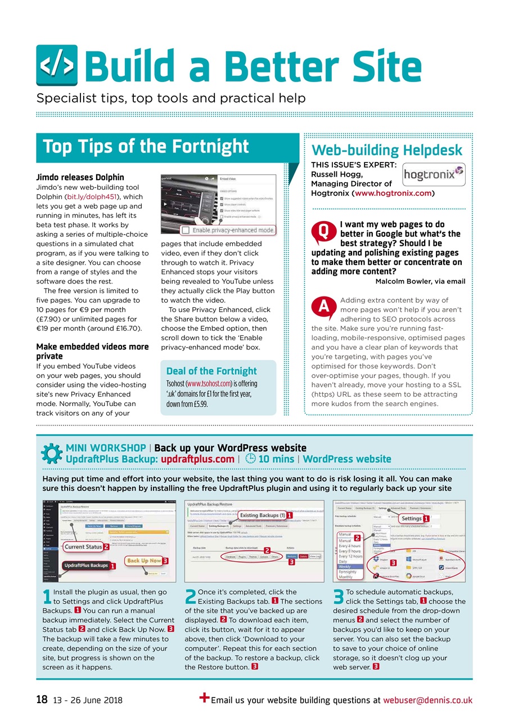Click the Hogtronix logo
coord(434,174)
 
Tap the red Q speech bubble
coord(323,231)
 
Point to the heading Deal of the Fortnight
coord(211,371)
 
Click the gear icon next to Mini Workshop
coord(52,453)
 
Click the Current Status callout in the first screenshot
coord(82,546)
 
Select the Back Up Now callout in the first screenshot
coord(143,560)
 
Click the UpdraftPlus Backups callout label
coord(85,565)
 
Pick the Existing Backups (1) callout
coord(262,515)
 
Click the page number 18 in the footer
coord(41,700)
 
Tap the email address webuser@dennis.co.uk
coord(427,700)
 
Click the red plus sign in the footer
coord(205,698)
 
